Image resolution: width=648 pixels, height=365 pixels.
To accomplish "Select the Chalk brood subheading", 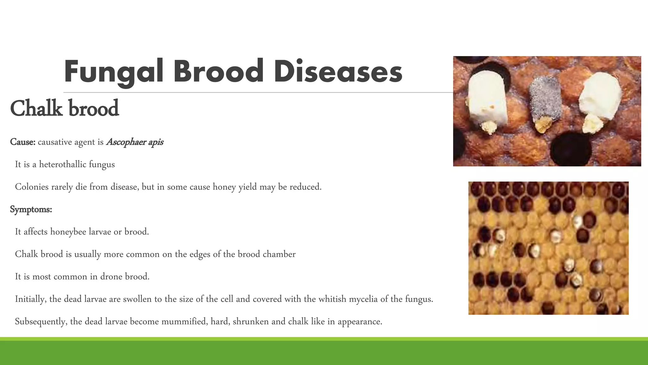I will (x=64, y=108).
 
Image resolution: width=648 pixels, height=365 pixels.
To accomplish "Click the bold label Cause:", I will (x=22, y=142).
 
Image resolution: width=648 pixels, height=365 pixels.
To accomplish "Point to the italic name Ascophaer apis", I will (x=135, y=142).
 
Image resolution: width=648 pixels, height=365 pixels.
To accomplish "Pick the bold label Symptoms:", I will (x=31, y=209).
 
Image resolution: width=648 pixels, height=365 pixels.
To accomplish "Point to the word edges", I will (x=200, y=254).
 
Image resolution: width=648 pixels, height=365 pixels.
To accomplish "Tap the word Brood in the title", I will (x=218, y=72).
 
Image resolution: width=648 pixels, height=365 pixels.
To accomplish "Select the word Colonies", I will (x=32, y=187).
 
